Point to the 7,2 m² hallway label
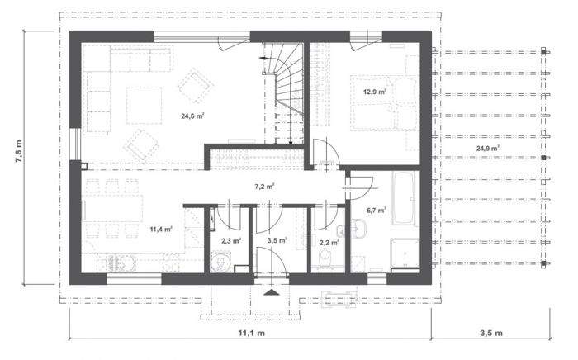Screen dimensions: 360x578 pyautogui.click(x=264, y=187)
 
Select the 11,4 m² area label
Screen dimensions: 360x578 pyautogui.click(x=160, y=229)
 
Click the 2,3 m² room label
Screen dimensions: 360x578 pyautogui.click(x=230, y=241)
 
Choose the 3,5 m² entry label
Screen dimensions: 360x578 pyautogui.click(x=277, y=241)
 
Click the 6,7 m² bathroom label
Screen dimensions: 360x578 pyautogui.click(x=377, y=211)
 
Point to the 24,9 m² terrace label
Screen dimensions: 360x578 pyautogui.click(x=488, y=149)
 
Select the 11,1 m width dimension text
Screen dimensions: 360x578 pyautogui.click(x=251, y=334)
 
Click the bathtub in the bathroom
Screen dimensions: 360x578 pyautogui.click(x=404, y=198)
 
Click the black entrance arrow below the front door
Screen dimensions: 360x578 pyautogui.click(x=271, y=291)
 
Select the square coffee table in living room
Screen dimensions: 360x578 pyautogui.click(x=145, y=103)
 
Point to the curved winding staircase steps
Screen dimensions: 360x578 pyautogui.click(x=287, y=83)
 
